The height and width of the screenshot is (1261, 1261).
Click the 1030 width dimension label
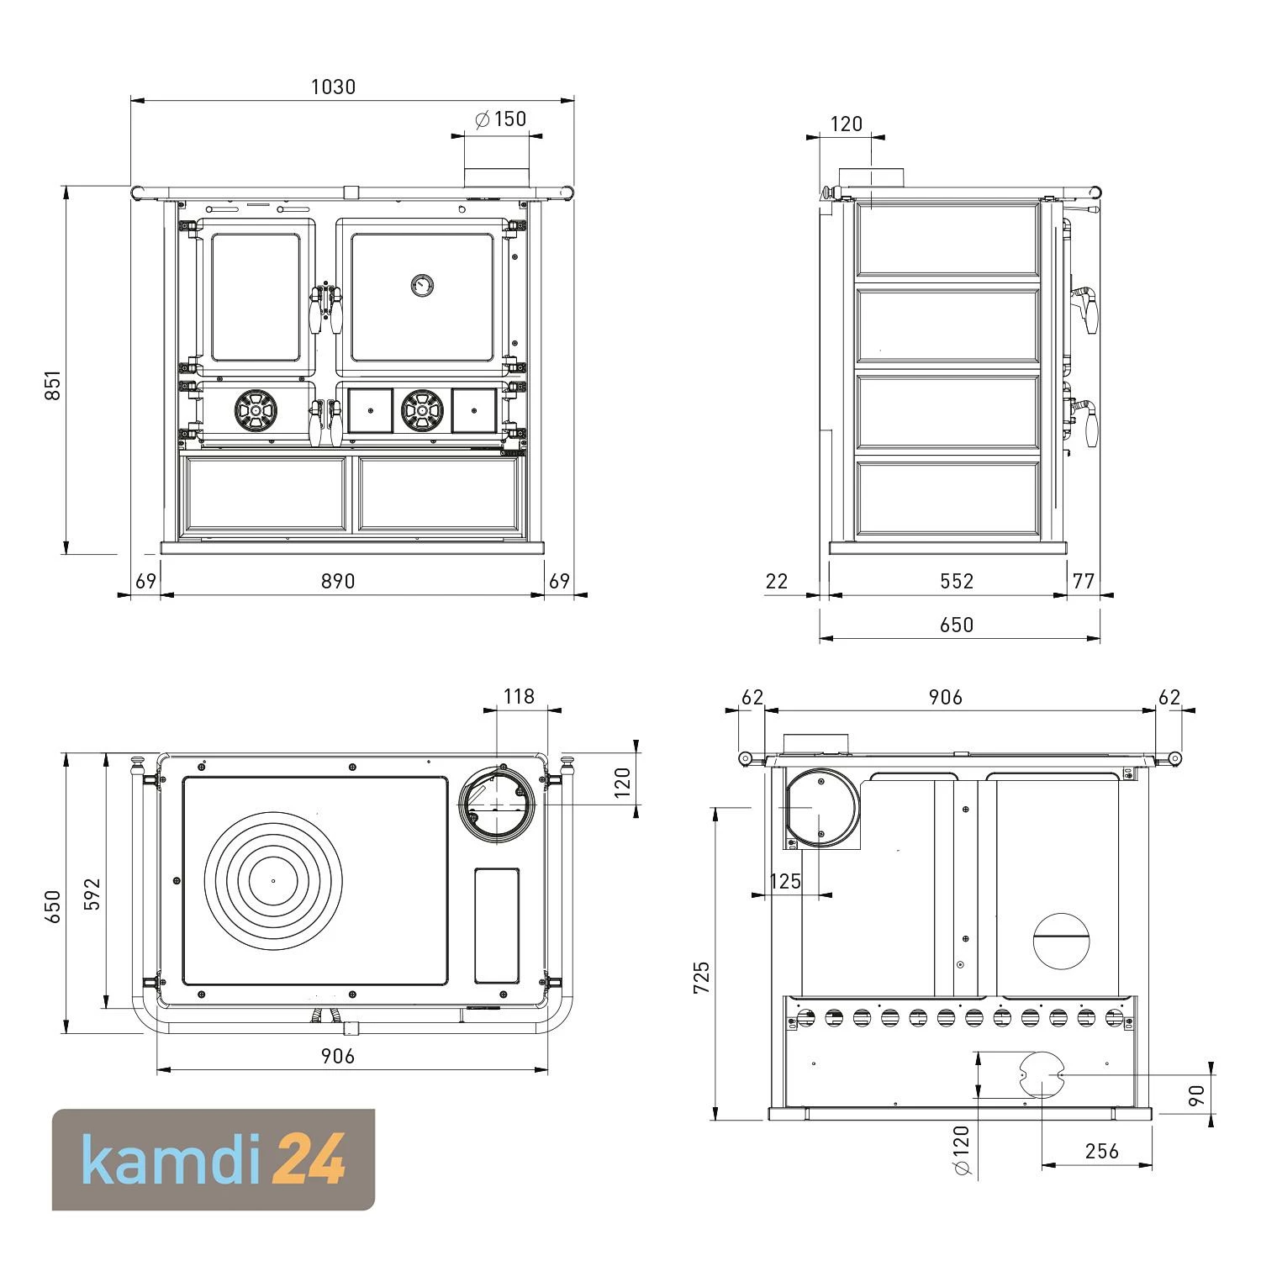pyautogui.click(x=333, y=87)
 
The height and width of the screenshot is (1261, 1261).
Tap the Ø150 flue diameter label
pyautogui.click(x=501, y=119)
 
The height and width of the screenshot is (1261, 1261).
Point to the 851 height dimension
pyautogui.click(x=52, y=385)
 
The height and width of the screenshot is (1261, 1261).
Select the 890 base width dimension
pyautogui.click(x=338, y=581)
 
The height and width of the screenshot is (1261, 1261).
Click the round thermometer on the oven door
pyautogui.click(x=421, y=286)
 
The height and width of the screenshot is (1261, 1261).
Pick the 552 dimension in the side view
pyautogui.click(x=957, y=581)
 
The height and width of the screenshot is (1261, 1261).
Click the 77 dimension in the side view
pyautogui.click(x=1084, y=581)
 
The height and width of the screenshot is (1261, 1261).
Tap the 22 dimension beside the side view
pyautogui.click(x=777, y=581)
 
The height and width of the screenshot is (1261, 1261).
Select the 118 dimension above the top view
pyautogui.click(x=519, y=696)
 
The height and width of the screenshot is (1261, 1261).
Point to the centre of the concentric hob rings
pyautogui.click(x=273, y=881)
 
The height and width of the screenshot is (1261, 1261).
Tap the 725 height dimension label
pyautogui.click(x=701, y=978)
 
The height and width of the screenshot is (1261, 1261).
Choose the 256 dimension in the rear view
pyautogui.click(x=1101, y=1150)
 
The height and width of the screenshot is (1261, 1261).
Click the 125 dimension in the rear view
pyautogui.click(x=785, y=881)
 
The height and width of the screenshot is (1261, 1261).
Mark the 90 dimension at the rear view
pyautogui.click(x=1197, y=1095)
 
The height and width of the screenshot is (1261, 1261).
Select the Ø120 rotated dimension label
pyautogui.click(x=962, y=1150)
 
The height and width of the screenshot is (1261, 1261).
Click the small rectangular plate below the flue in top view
pyautogui.click(x=497, y=926)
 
